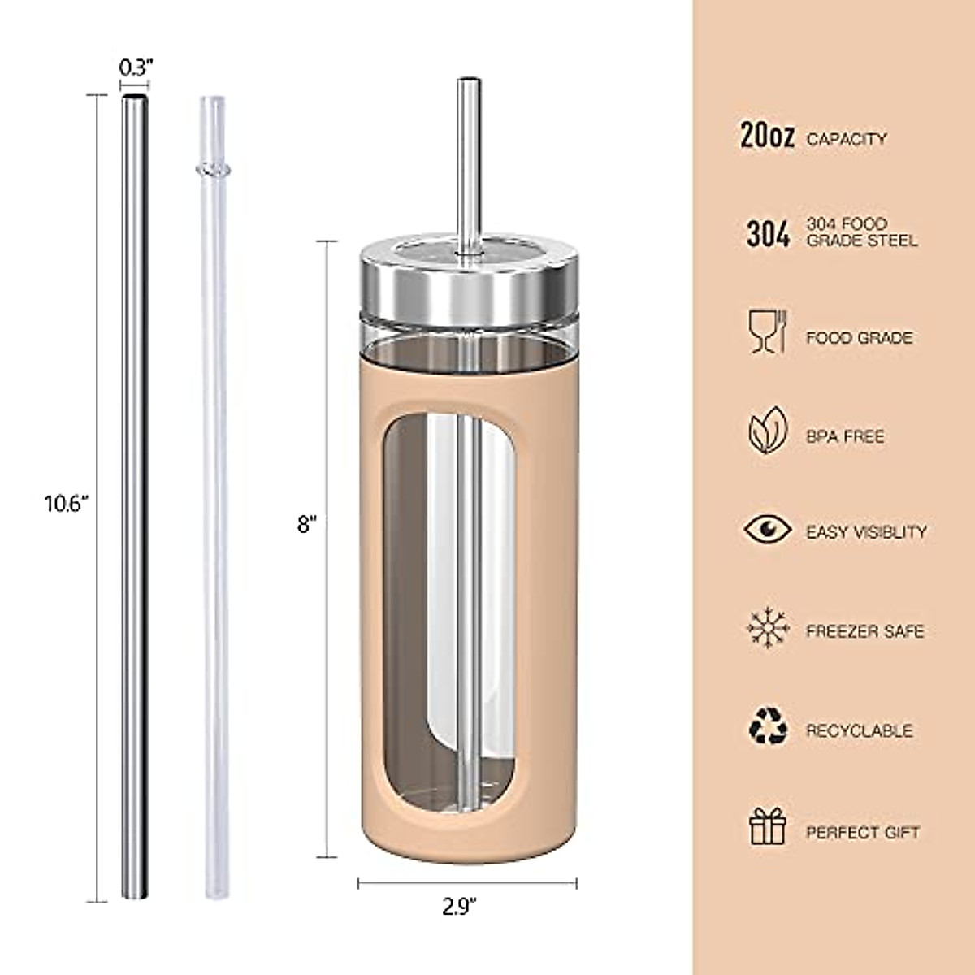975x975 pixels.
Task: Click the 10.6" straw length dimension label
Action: coord(66,504)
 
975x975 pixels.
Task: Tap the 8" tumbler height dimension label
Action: coord(305,525)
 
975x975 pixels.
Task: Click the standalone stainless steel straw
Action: coord(135,496)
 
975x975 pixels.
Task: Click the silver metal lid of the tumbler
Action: coord(466,281)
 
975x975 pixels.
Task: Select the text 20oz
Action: coord(767,136)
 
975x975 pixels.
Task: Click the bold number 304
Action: coord(768,234)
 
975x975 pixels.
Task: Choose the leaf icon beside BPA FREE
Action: coord(768,431)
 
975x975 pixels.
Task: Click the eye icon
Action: coord(768,530)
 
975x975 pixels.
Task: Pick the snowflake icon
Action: coord(768,629)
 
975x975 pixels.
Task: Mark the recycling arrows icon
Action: coord(768,726)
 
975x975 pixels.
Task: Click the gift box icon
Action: coord(768,827)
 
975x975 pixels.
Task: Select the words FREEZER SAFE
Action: coord(864,631)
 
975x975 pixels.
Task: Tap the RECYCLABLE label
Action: coord(859,731)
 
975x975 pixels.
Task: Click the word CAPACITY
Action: coord(846,140)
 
